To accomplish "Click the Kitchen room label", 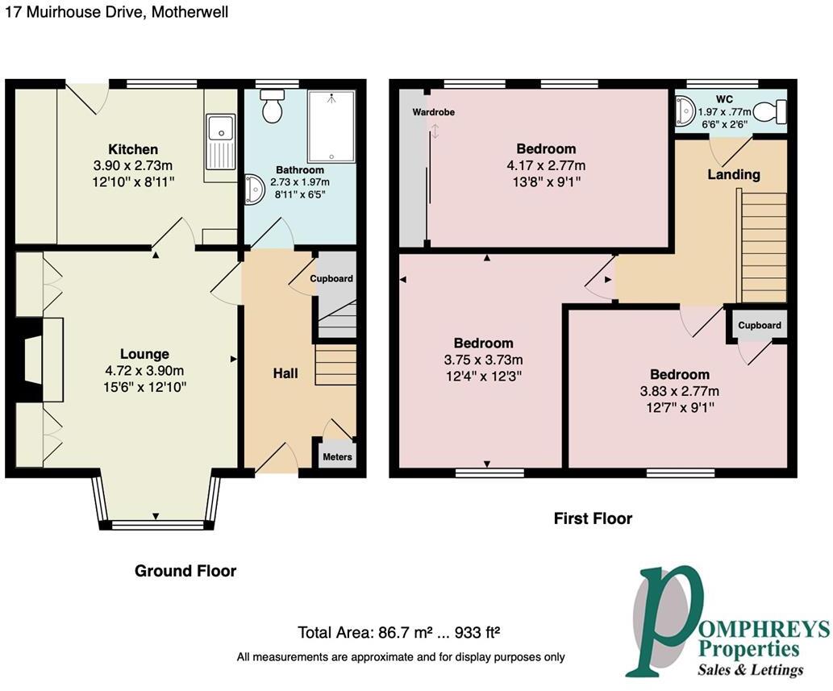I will [x=133, y=149].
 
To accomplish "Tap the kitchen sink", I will [x=219, y=142].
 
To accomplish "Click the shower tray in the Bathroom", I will [x=331, y=125].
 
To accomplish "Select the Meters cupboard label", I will [x=337, y=457].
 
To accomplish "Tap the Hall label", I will [x=285, y=373].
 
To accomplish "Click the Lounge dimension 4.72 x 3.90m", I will [x=144, y=370].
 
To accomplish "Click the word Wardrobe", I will [x=433, y=112].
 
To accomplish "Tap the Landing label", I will [x=733, y=174].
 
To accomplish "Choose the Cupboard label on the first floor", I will [x=759, y=325].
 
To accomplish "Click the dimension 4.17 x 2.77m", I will [x=546, y=165].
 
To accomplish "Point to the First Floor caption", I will [x=593, y=518].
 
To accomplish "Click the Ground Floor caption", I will [x=185, y=571].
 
